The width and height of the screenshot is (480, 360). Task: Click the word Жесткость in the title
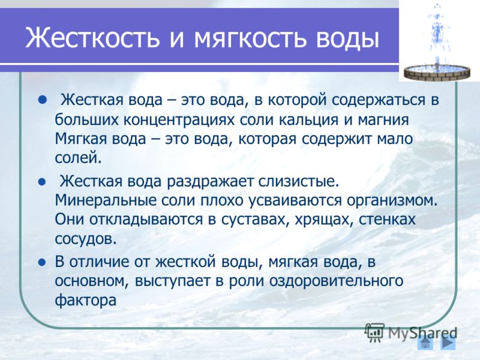coord(92,38)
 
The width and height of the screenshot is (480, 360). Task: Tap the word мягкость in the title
coord(250,38)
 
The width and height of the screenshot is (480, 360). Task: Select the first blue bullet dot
coord(43,100)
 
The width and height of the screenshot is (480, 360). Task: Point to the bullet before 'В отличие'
coord(42,262)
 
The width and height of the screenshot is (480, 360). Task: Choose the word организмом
coord(392,200)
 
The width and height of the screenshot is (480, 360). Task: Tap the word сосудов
coord(86,239)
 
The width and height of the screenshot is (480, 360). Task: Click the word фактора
coord(86,301)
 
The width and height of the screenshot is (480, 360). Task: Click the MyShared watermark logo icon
coord(374,332)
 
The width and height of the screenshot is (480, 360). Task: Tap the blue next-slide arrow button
coord(448,343)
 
